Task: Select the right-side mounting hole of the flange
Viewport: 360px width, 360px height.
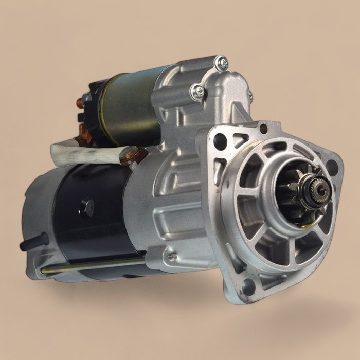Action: click(332, 168)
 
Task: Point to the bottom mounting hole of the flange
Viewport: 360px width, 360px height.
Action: click(249, 285)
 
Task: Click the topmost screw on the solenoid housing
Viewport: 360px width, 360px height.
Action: click(222, 63)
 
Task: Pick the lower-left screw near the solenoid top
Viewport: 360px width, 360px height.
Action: click(198, 92)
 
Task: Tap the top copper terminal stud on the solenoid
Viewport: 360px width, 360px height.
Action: click(81, 102)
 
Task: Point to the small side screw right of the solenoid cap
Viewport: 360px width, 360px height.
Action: click(250, 96)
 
